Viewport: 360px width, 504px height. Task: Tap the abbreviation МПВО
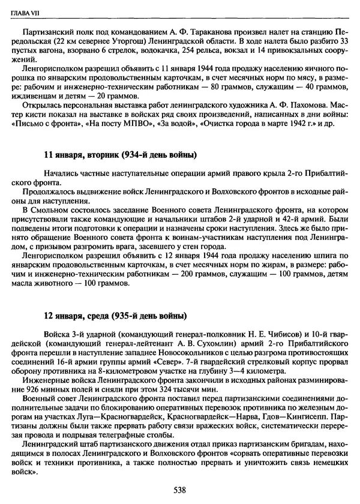click(x=130, y=124)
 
